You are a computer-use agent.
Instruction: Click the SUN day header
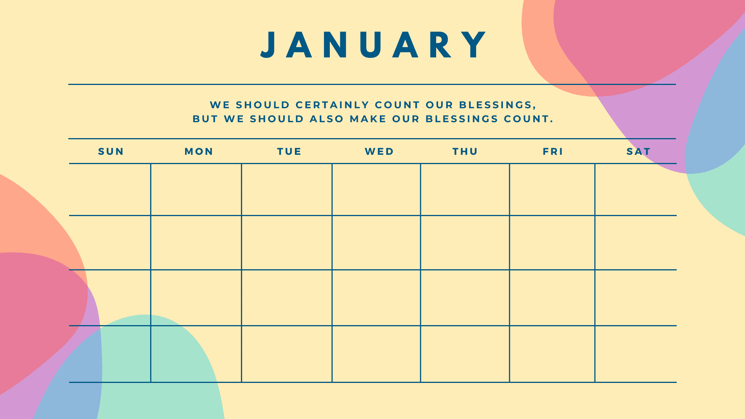click(111, 151)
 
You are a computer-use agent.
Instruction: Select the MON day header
click(199, 151)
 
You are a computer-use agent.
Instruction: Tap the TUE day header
click(289, 151)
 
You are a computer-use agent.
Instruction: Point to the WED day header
click(379, 151)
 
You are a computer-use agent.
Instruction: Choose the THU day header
click(465, 151)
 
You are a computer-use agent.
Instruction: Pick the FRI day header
click(553, 151)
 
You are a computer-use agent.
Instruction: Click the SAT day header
click(638, 151)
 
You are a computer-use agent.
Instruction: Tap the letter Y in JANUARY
click(476, 45)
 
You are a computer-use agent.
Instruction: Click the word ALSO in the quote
click(327, 119)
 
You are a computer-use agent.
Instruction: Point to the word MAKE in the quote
click(368, 119)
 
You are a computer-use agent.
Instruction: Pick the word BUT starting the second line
click(205, 119)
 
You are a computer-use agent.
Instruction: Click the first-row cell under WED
click(376, 189)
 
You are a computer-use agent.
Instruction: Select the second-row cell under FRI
click(552, 242)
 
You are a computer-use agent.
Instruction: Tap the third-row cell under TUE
click(286, 298)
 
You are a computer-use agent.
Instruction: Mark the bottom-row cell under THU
click(465, 354)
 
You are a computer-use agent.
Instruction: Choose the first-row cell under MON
click(196, 189)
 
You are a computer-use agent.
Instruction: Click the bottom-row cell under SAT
click(636, 354)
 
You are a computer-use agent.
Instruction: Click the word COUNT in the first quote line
click(397, 105)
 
